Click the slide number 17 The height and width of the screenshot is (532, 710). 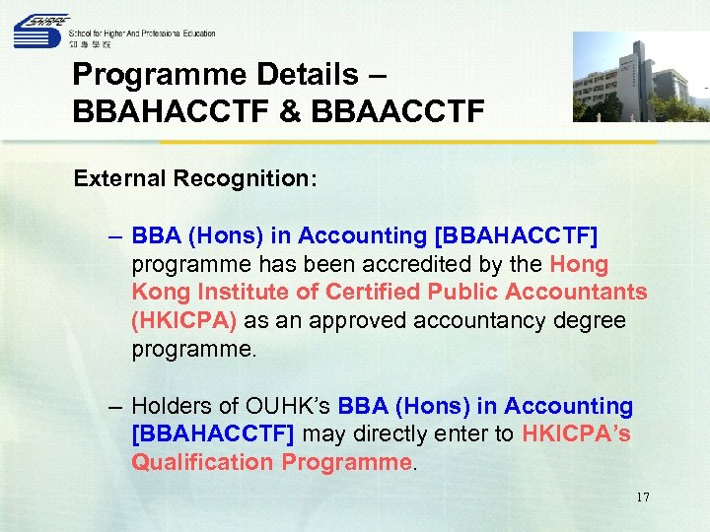tap(643, 497)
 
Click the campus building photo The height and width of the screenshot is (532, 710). tap(640, 77)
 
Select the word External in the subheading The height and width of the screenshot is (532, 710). tap(122, 180)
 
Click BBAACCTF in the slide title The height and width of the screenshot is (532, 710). tap(396, 109)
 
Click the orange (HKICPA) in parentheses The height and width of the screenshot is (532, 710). tap(179, 321)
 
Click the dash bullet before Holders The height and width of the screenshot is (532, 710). tap(117, 406)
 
